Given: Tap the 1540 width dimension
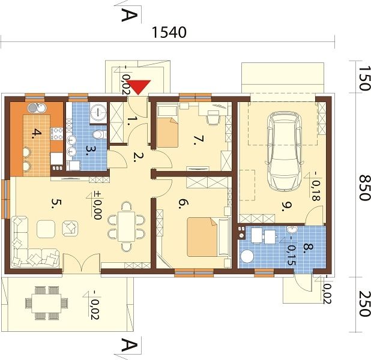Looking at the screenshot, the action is [169, 32].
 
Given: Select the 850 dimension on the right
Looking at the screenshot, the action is [364, 188].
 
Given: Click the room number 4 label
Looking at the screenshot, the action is [37, 133].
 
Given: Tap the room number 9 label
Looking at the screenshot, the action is [286, 207].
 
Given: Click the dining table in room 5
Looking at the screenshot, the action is [126, 226].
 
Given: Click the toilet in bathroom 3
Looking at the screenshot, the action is [99, 135].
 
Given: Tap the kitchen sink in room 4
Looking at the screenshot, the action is [37, 109].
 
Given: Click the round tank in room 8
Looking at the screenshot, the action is [247, 257].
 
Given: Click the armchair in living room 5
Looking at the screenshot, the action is [70, 228].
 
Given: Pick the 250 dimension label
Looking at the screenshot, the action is [364, 304].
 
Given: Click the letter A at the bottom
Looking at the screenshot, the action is [129, 344].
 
